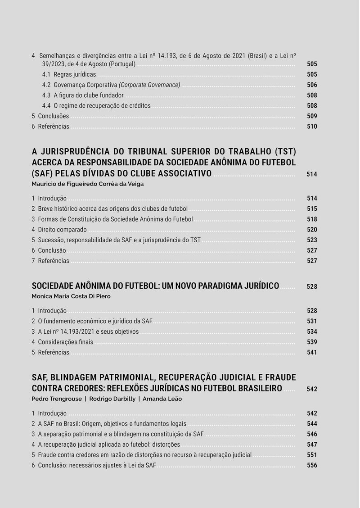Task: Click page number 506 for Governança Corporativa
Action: [312, 85]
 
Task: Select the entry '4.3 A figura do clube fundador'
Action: [83, 95]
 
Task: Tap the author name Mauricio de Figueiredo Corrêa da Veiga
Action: [88, 184]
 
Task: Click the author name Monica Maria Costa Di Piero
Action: [71, 296]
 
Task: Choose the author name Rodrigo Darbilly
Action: [112, 399]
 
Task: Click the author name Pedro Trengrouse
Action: [56, 399]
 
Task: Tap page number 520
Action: [312, 230]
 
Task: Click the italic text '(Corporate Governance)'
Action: [149, 85]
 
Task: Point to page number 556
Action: [312, 465]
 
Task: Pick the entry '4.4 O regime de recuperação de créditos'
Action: [96, 105]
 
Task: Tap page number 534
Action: [312, 331]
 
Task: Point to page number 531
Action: [312, 321]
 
